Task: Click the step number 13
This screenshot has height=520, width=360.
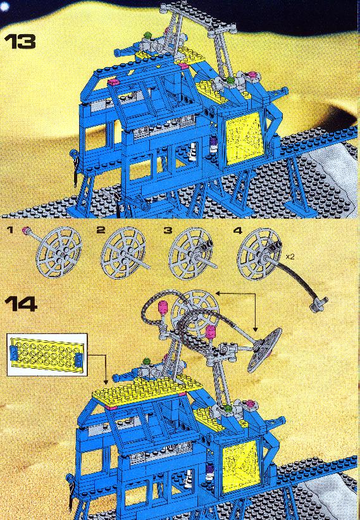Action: click(20, 42)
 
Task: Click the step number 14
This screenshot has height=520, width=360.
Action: click(21, 304)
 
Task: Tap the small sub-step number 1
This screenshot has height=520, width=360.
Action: click(10, 230)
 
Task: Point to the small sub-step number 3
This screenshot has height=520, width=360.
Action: click(167, 230)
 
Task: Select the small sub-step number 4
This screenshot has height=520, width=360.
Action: click(237, 230)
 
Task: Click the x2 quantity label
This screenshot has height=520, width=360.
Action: click(290, 256)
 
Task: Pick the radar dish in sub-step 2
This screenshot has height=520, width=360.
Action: click(123, 250)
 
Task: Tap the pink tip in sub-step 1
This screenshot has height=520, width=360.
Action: click(25, 230)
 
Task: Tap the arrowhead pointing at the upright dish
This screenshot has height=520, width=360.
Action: click(218, 293)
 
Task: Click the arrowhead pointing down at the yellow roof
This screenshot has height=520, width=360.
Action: click(106, 383)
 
